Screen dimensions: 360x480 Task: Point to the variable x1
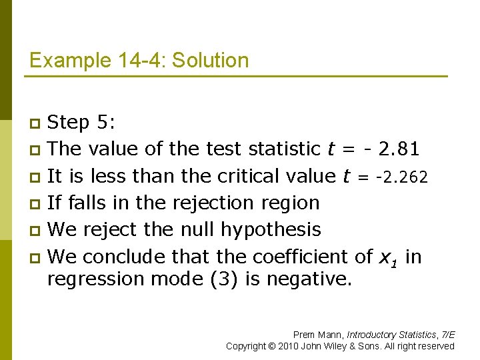[388, 257]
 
